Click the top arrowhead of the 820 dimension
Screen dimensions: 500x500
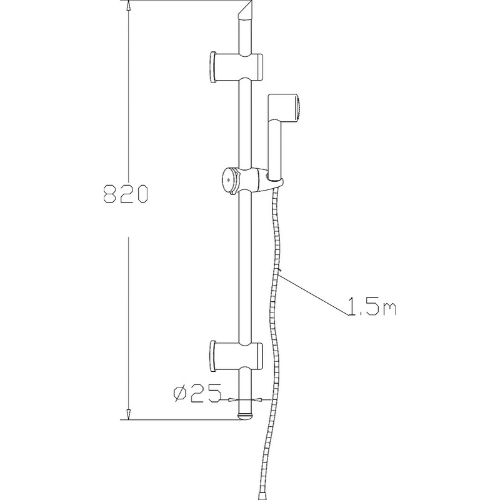click(x=128, y=5)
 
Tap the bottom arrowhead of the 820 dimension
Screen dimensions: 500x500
click(x=128, y=414)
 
